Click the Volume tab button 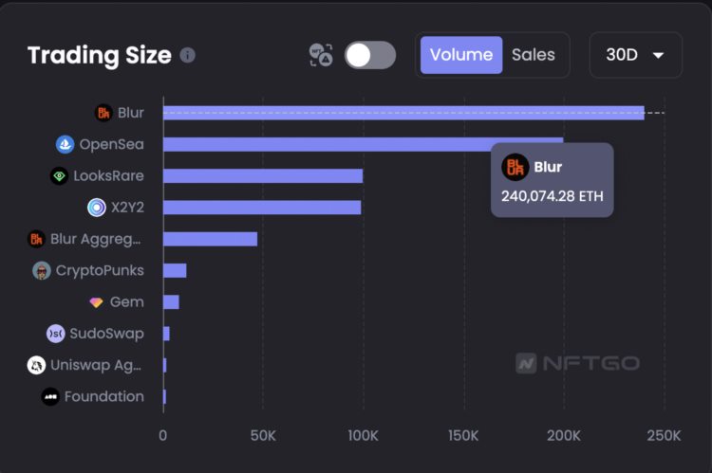tap(461, 55)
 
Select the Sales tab tap(533, 55)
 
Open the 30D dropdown tap(635, 55)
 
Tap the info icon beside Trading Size tap(188, 55)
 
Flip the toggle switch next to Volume tap(370, 55)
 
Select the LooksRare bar tap(263, 175)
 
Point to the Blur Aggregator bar tap(210, 239)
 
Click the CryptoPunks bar tap(175, 270)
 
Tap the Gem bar tap(171, 301)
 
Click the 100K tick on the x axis tap(363, 435)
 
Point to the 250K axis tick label tap(664, 435)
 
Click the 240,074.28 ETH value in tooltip tap(552, 197)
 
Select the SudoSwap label tap(106, 334)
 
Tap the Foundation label tap(103, 396)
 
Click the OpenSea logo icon tap(65, 144)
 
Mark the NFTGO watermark tap(577, 363)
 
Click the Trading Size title tap(100, 55)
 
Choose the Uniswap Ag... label tap(95, 365)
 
